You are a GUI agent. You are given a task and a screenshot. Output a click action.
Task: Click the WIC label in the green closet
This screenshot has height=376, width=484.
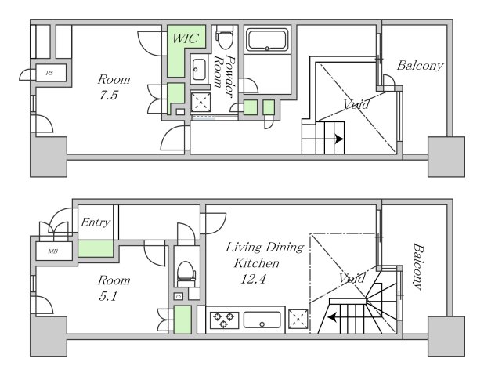tap(185, 38)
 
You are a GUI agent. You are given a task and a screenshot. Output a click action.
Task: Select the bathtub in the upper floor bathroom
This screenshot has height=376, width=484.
tap(267, 40)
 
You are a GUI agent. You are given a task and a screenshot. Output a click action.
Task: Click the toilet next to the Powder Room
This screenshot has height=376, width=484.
tap(225, 38)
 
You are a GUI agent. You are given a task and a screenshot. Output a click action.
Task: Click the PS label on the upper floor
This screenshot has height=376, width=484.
tap(49, 73)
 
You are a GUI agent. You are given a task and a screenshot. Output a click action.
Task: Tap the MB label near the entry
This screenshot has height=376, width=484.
tap(52, 251)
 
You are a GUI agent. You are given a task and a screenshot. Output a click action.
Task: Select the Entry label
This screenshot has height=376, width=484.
tap(96, 222)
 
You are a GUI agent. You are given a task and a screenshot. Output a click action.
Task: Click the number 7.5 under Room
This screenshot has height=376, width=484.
tap(108, 95)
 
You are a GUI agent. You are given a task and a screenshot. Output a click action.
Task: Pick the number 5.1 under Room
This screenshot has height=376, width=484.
tap(108, 296)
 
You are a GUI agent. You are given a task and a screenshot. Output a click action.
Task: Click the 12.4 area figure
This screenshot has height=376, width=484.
tap(253, 280)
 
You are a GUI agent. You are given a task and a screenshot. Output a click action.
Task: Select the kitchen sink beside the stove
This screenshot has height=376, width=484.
tap(262, 320)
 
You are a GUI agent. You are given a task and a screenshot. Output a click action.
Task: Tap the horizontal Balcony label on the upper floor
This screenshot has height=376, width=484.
tap(420, 66)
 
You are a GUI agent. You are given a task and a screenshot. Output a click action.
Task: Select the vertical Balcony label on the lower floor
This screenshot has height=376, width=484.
tap(418, 266)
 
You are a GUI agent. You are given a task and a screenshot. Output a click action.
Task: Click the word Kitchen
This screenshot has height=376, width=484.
tap(257, 263)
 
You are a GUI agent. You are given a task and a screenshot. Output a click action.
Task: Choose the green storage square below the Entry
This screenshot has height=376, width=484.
tap(96, 249)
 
